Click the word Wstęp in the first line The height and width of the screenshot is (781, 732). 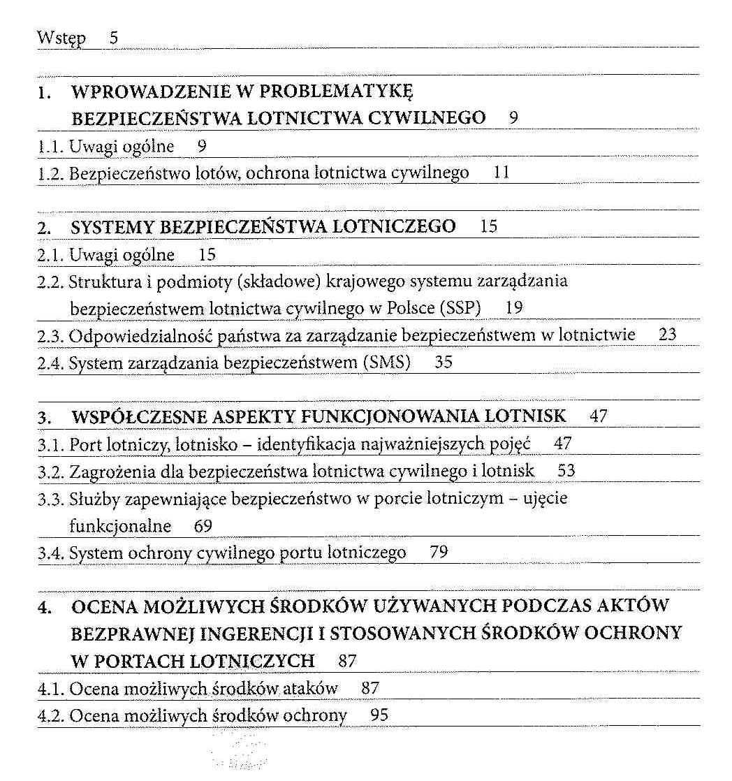coord(61,38)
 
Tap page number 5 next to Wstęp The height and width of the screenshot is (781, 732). coord(113,38)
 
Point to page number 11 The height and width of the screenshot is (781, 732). coord(502,172)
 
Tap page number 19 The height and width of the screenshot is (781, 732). coord(515,308)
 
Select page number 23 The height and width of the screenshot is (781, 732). coord(667,335)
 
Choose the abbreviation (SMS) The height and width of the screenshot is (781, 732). coord(385,363)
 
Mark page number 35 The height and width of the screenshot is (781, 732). coord(444,363)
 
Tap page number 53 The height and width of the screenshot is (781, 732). coord(566,471)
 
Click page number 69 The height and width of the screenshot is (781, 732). coord(203,525)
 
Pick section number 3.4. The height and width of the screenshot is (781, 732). coord(51,553)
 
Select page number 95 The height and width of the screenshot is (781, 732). coord(379,715)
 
